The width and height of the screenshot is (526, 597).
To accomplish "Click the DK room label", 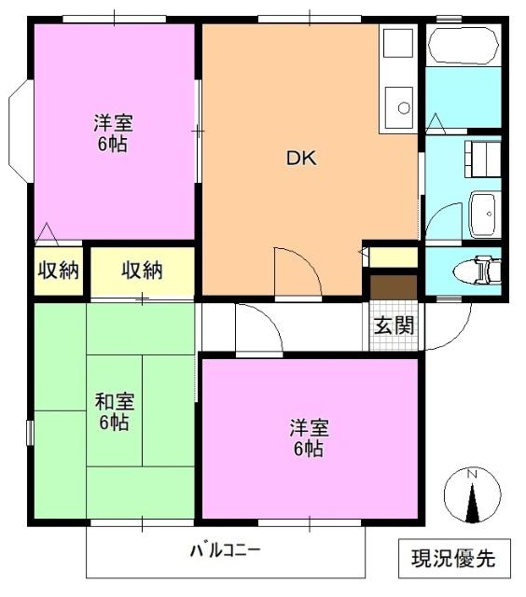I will (301, 159).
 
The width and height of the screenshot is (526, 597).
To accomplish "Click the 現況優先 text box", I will (454, 559).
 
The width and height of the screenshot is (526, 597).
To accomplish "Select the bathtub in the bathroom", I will (463, 45).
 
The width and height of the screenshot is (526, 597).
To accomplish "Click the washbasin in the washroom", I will (484, 215).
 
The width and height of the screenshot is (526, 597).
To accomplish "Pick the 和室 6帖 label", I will (114, 412).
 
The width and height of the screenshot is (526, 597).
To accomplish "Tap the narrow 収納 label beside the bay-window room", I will (58, 271).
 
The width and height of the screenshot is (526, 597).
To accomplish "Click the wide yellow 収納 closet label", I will (142, 271).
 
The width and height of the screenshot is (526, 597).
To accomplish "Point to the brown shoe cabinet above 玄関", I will (393, 287).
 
